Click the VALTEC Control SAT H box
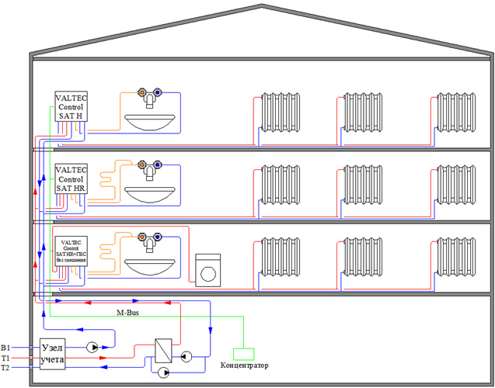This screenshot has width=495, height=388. pyautogui.click(x=71, y=106)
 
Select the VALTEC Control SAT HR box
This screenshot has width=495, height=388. pyautogui.click(x=71, y=179)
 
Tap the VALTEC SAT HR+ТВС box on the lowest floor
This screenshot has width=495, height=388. pyautogui.click(x=71, y=252)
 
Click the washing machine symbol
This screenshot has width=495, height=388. pyautogui.click(x=207, y=270)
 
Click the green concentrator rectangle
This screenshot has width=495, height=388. pyautogui.click(x=244, y=354)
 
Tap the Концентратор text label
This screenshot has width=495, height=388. pyautogui.click(x=244, y=365)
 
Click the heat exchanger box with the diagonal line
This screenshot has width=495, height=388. pyautogui.click(x=163, y=348)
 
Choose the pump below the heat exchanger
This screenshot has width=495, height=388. pyautogui.click(x=163, y=372)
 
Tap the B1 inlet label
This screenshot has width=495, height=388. pyautogui.click(x=6, y=348)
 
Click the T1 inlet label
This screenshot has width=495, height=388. pyautogui.click(x=6, y=358)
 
